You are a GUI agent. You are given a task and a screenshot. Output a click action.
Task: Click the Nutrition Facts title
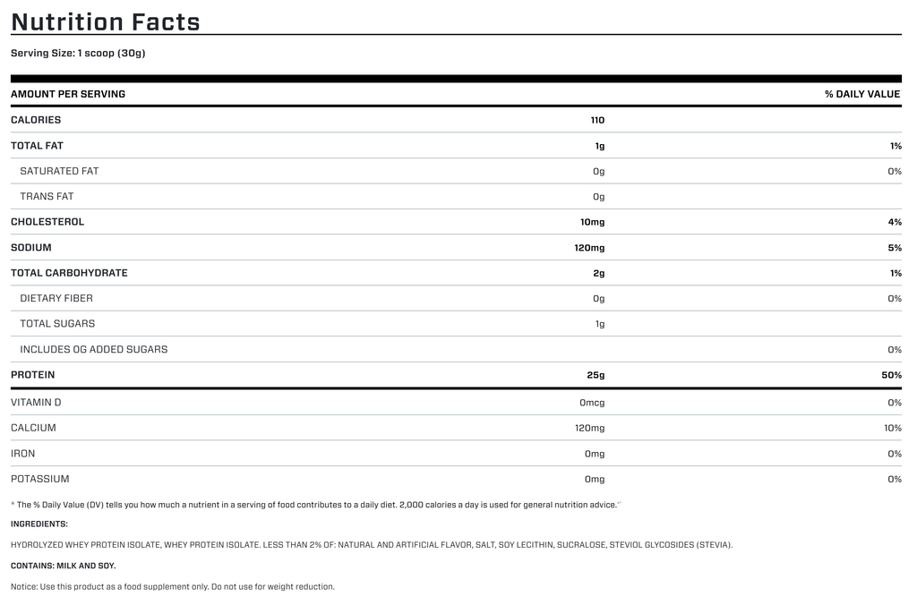tap(106, 21)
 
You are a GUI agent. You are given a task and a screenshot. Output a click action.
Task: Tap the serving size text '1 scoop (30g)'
tap(111, 53)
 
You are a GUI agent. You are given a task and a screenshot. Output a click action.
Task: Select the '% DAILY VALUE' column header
tap(862, 94)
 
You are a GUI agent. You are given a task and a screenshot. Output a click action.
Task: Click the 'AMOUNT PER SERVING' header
tap(68, 94)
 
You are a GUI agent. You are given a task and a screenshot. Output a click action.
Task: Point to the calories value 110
tap(597, 120)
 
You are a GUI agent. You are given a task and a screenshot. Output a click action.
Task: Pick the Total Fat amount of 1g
tap(600, 146)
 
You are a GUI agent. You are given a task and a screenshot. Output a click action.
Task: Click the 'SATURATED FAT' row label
tap(59, 171)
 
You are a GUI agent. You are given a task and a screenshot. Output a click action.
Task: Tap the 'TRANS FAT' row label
tap(47, 196)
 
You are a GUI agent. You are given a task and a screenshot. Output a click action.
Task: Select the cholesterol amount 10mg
tap(592, 222)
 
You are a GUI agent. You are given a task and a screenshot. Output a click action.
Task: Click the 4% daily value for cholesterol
tap(896, 222)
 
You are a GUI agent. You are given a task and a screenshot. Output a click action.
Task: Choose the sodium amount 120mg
tap(589, 248)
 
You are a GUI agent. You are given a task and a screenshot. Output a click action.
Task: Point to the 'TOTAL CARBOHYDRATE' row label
tap(69, 273)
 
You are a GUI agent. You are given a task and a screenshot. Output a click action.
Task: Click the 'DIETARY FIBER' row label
tap(56, 298)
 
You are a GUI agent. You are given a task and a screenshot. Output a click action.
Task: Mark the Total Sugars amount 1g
tap(600, 324)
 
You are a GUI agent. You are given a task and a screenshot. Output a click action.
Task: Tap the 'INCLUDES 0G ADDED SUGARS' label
tap(94, 349)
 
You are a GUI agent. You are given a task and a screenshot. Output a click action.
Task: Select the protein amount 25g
tap(596, 375)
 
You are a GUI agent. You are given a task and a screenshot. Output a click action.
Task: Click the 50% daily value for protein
tap(891, 375)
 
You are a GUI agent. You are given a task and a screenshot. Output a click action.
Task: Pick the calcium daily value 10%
tap(893, 429)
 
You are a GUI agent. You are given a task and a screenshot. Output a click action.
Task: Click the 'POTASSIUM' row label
tap(40, 480)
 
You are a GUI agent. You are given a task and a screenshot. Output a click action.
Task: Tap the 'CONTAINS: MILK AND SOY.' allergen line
tap(64, 566)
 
